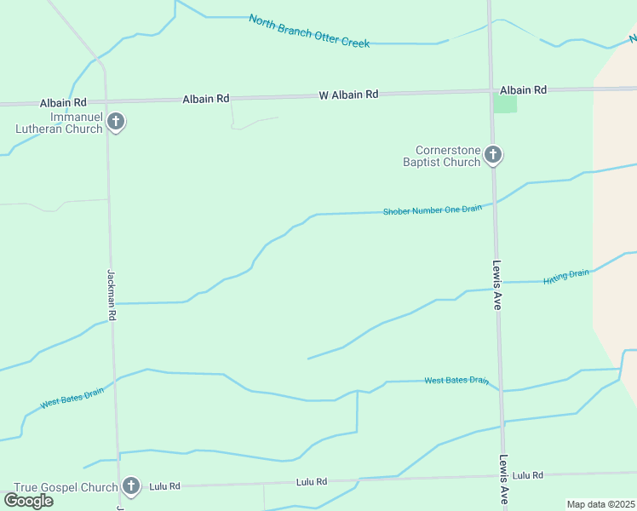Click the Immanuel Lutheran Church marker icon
117,123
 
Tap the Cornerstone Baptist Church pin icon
493,154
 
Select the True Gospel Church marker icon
130,486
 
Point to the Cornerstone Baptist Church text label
442,156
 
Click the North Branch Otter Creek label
309,31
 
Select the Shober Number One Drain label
433,210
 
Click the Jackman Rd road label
112,295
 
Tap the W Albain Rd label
348,95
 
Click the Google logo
28,500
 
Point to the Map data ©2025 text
601,504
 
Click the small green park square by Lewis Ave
505,104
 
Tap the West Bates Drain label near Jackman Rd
72,397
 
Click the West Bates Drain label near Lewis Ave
456,380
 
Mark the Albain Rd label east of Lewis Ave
523,89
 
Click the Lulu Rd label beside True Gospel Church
164,486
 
